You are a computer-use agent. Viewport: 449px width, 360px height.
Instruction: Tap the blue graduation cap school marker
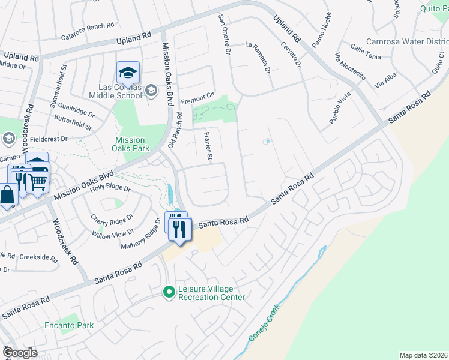pos(128,73)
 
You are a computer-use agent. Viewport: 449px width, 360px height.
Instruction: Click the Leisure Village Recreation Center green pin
pos(169,292)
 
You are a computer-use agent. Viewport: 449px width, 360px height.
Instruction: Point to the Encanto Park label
pos(69,326)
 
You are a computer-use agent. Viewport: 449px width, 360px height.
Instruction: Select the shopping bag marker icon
pos(7,195)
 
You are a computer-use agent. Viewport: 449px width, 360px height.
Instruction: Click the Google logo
pos(19,353)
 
